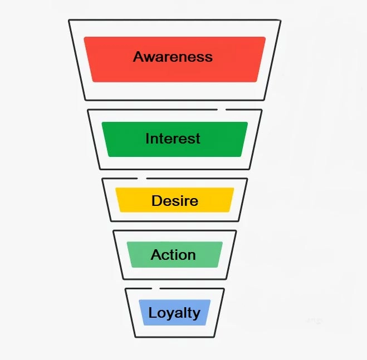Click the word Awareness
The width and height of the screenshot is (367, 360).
(x=173, y=57)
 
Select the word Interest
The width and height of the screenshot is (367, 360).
(x=173, y=139)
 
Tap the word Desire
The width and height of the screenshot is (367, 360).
(x=174, y=200)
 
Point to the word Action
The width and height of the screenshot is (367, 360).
(x=173, y=255)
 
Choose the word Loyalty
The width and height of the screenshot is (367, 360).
(x=174, y=313)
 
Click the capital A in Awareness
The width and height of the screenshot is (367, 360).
(x=139, y=57)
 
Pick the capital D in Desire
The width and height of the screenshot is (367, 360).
(x=156, y=200)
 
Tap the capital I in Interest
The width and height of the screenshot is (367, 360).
(x=148, y=139)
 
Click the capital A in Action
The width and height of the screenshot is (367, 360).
(x=156, y=255)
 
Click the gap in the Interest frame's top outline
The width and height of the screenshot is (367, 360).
(x=222, y=110)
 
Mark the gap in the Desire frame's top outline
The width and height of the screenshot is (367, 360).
(x=141, y=178)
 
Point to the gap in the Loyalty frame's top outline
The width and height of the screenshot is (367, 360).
(x=155, y=288)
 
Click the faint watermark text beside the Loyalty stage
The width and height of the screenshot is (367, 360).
(x=314, y=320)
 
